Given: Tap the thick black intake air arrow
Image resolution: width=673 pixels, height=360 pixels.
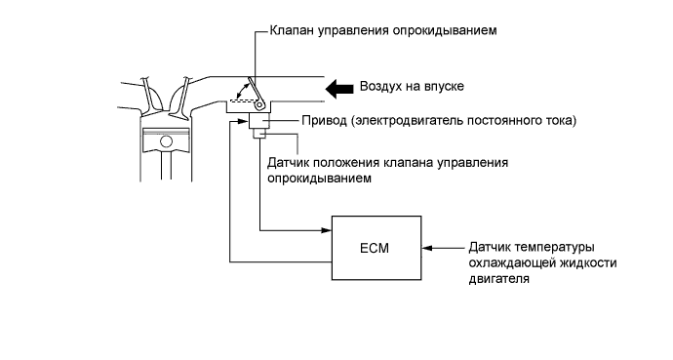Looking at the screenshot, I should pyautogui.click(x=340, y=87).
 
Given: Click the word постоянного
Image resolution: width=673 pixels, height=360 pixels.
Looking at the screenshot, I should pyautogui.click(x=502, y=121).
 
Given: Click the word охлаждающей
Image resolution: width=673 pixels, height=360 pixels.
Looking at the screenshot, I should pyautogui.click(x=512, y=262).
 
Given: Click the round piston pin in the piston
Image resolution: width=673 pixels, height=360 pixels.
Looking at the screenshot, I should pyautogui.click(x=167, y=143).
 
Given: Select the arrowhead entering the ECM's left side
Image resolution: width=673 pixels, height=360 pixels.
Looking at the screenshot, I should pyautogui.click(x=328, y=230).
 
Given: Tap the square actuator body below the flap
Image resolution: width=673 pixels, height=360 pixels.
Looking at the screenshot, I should pyautogui.click(x=259, y=122).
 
